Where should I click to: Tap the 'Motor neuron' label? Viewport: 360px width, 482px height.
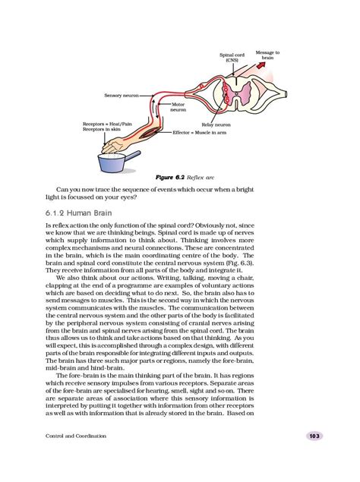(178, 107)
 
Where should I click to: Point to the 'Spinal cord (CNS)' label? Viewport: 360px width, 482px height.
(231, 57)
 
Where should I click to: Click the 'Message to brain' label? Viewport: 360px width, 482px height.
(267, 55)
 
